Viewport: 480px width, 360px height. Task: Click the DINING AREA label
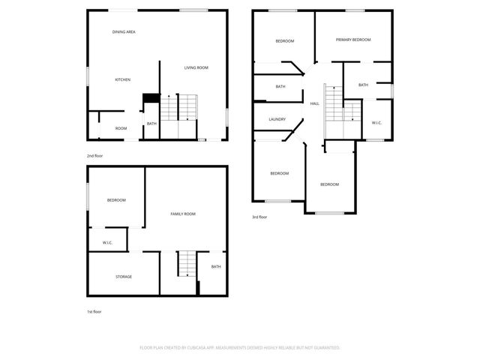(x=124, y=32)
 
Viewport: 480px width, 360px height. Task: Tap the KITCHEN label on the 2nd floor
(x=123, y=79)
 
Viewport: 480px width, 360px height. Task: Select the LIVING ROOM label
(x=196, y=67)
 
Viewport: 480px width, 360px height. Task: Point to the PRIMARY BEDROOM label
(x=353, y=40)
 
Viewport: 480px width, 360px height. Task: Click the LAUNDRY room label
(x=277, y=119)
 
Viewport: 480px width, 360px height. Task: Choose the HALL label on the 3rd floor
(x=315, y=103)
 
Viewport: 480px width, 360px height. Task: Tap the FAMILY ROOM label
(x=183, y=214)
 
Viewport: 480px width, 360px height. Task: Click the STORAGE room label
(x=124, y=277)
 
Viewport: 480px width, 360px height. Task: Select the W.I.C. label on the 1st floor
(x=107, y=241)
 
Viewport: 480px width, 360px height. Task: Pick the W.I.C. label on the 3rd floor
(x=376, y=123)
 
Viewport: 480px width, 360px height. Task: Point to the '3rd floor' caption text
(x=259, y=217)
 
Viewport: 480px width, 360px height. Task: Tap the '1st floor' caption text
(x=94, y=310)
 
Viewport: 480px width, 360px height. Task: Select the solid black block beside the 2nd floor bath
(x=151, y=97)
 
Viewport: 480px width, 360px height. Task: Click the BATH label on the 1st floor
(x=216, y=266)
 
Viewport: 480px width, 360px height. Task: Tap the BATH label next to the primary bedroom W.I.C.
(x=363, y=85)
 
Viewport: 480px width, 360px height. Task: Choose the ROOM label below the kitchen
(x=121, y=128)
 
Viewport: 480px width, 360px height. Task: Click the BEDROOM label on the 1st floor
(x=116, y=199)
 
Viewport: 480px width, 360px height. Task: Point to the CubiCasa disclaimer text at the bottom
(x=240, y=347)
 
